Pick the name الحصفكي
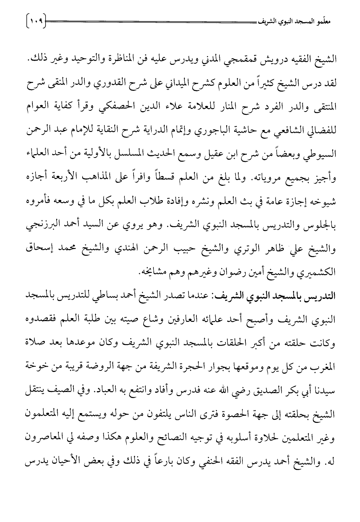(x=120, y=107)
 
